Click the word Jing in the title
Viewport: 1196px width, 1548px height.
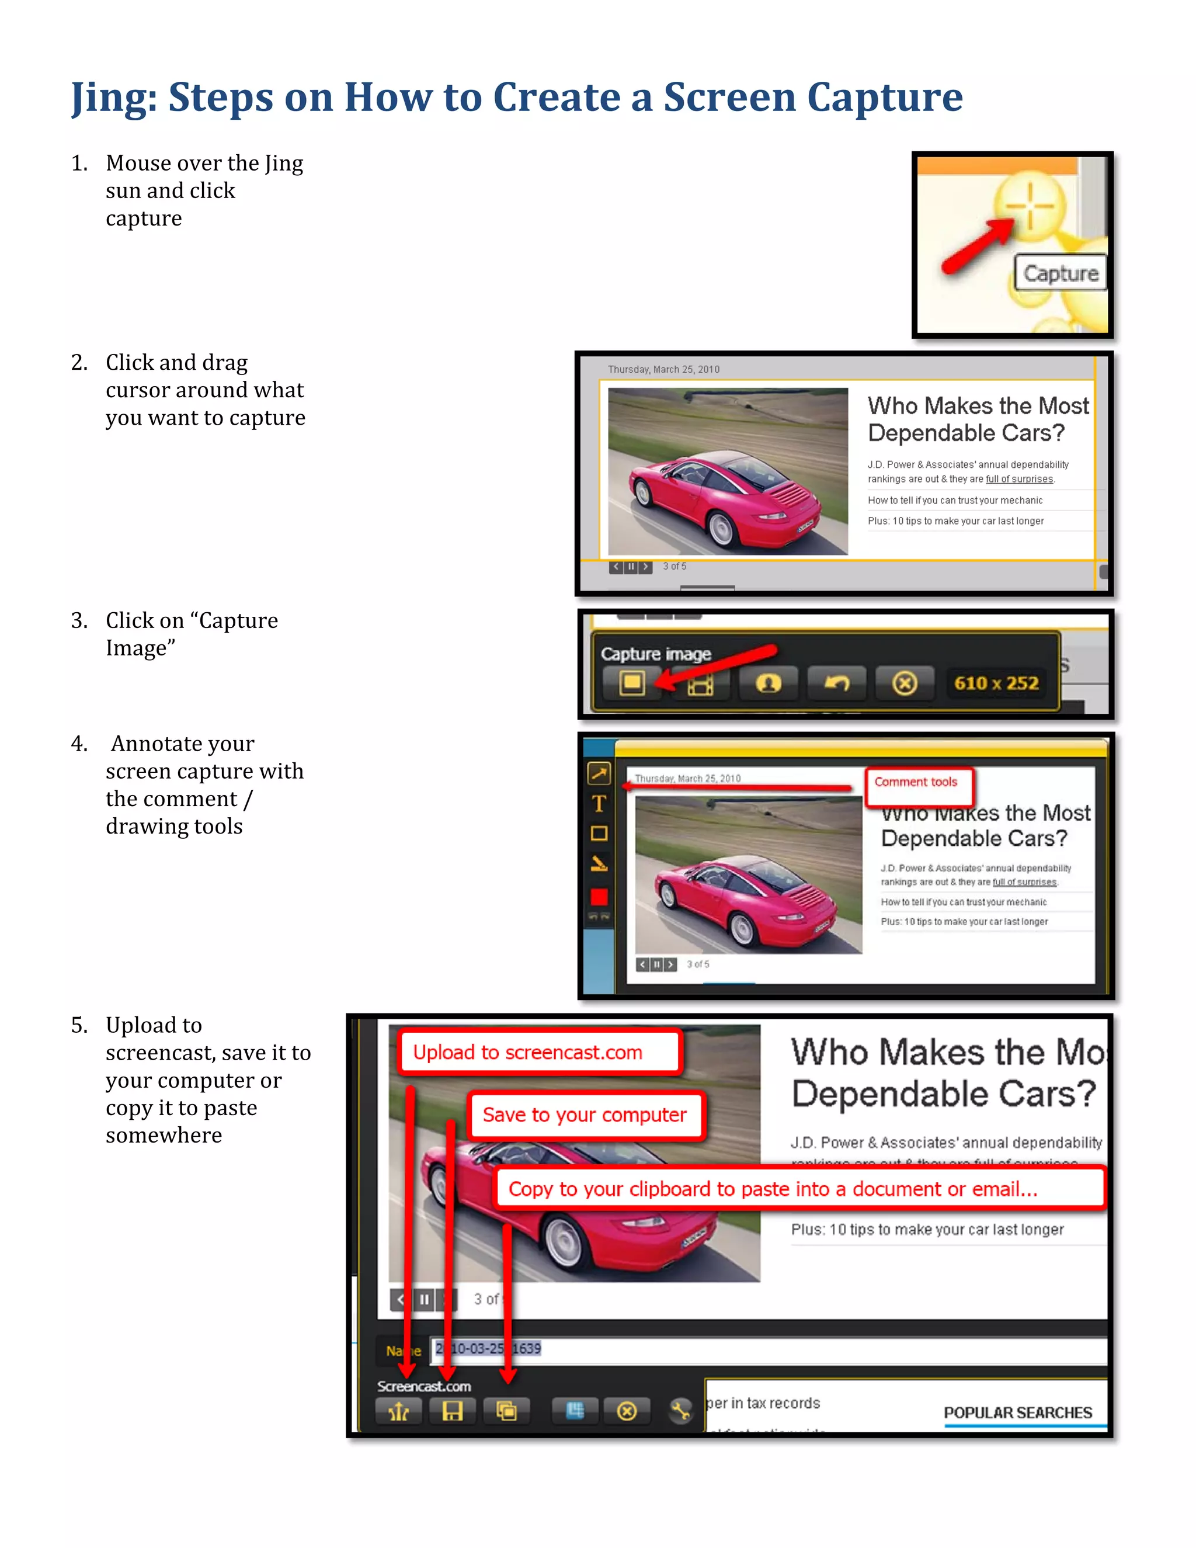pos(113,97)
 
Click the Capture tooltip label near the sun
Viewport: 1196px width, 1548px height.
pos(1060,273)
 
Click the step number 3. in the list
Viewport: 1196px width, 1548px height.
pos(79,620)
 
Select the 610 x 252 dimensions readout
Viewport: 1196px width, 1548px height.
pos(996,683)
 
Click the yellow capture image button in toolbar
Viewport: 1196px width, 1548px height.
pos(632,683)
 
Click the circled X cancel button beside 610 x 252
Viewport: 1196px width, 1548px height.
pos(904,683)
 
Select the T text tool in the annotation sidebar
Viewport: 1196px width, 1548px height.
pos(599,804)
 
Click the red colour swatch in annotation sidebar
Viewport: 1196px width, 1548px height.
pos(599,897)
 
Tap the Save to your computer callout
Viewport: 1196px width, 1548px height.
pos(585,1115)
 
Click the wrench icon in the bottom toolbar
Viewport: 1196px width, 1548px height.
pos(680,1411)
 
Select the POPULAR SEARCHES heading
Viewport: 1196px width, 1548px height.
pos(1017,1412)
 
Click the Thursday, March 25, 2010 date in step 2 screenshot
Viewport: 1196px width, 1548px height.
pos(663,369)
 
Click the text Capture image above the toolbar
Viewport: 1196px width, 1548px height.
pos(655,654)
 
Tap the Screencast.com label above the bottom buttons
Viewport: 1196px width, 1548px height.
pos(424,1386)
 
